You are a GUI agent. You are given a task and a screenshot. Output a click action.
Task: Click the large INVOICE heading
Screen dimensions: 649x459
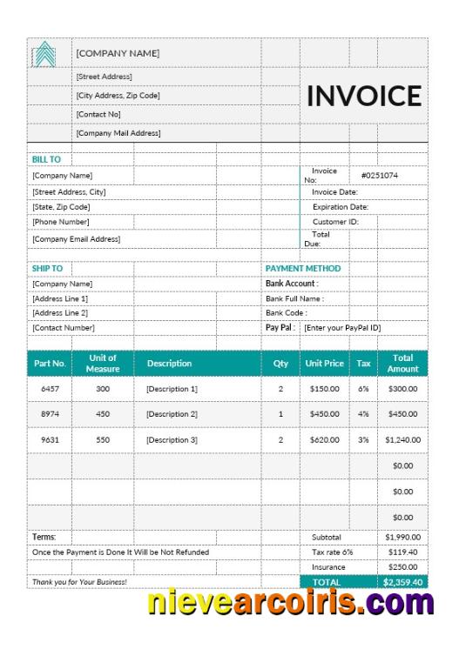coord(363,96)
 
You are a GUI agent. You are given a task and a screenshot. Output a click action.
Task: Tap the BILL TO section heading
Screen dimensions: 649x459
coord(46,159)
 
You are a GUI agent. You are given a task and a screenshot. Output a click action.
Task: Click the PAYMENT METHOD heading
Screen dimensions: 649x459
coord(303,269)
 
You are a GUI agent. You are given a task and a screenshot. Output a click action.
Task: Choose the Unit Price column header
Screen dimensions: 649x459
coord(324,363)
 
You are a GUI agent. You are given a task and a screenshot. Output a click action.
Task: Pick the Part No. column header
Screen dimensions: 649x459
coord(50,363)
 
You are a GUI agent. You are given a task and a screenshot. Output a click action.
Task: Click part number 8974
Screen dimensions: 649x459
coord(50,414)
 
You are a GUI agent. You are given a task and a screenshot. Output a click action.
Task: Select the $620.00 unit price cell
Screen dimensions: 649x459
coord(324,440)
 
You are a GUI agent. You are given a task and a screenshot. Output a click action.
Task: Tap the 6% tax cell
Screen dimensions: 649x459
coord(363,389)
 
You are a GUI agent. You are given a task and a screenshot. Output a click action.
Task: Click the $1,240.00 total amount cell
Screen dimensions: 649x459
coord(402,440)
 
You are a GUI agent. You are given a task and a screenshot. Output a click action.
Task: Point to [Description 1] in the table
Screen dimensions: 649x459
coord(172,389)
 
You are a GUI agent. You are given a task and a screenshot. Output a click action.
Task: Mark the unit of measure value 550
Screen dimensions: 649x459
coord(103,440)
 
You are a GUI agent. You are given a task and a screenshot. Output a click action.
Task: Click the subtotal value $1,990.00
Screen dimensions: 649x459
coord(402,538)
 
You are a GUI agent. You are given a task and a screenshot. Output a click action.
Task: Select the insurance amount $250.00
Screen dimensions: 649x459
coord(402,566)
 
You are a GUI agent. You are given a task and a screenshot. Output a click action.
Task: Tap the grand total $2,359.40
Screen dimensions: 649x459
coord(402,581)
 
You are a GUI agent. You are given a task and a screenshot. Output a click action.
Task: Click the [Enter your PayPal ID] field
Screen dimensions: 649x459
coord(342,327)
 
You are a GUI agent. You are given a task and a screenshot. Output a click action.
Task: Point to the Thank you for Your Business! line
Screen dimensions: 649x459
coord(79,581)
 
